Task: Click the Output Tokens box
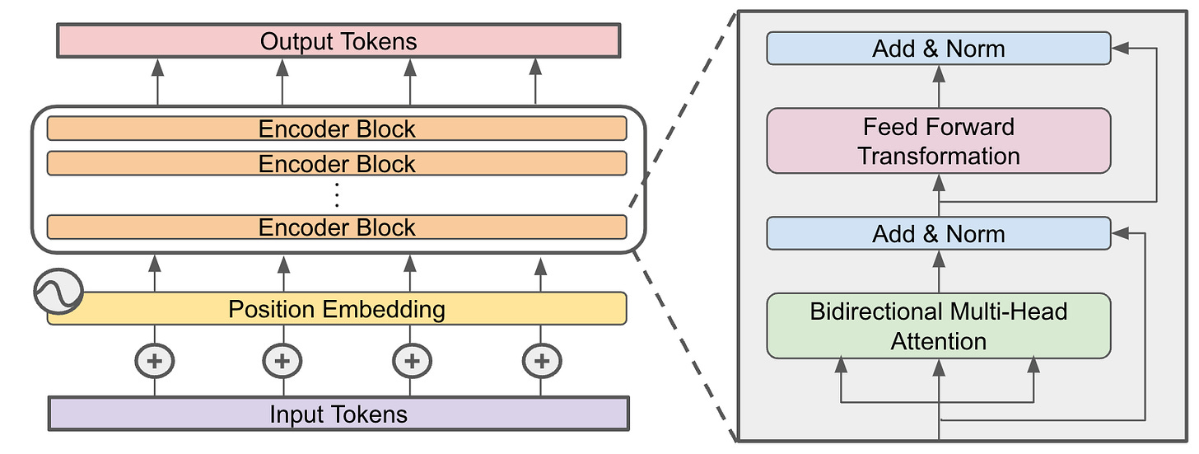tap(338, 41)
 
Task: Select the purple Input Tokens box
tap(338, 414)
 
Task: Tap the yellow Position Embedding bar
tap(338, 309)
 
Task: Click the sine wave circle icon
tap(58, 291)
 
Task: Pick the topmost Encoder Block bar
tap(338, 129)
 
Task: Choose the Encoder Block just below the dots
tap(338, 227)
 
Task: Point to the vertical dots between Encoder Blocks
tap(337, 195)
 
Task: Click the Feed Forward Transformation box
tap(939, 141)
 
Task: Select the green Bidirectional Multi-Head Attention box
tap(939, 326)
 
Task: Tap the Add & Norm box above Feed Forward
tap(939, 49)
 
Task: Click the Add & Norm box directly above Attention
tap(939, 234)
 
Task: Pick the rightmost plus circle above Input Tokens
tap(541, 360)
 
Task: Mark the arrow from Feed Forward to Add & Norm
tap(939, 86)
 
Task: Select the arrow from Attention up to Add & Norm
tap(939, 271)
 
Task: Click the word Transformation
tap(939, 156)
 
